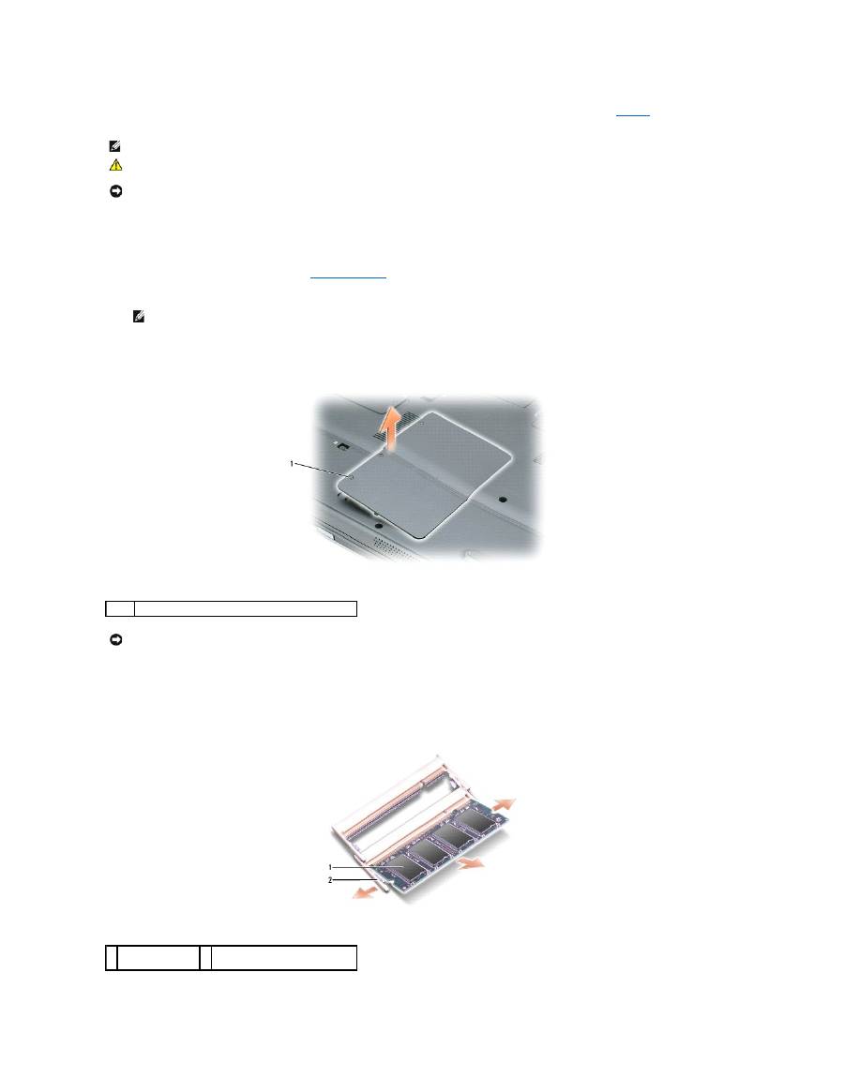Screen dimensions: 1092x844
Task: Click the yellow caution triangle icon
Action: click(114, 164)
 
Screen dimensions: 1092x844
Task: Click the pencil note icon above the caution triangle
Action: click(114, 146)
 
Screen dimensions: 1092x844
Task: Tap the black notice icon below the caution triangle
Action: click(114, 190)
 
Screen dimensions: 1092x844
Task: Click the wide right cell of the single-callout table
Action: click(246, 608)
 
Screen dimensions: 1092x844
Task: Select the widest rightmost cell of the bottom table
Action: click(283, 957)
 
